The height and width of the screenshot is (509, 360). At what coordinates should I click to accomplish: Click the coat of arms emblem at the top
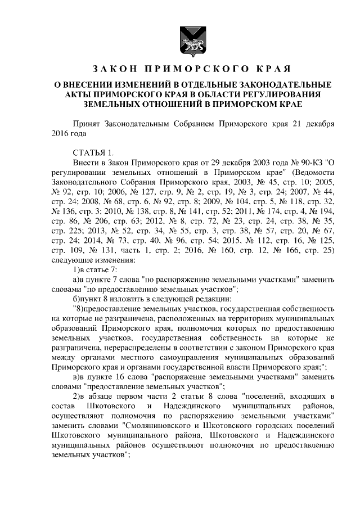(180, 39)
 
